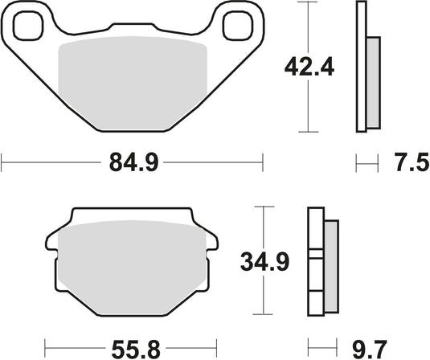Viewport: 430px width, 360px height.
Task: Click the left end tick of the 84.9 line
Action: coord(2,165)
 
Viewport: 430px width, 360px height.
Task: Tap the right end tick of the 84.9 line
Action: coord(262,165)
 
